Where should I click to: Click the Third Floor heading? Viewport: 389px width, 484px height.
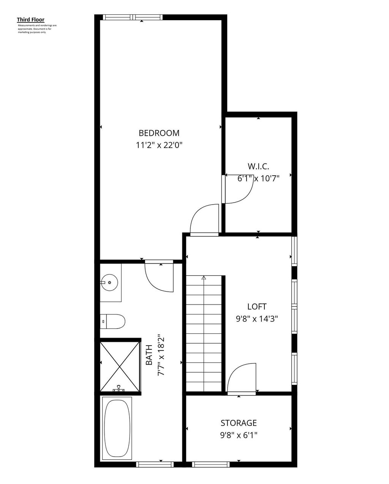[30, 19]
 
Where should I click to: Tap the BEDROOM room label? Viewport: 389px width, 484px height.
[159, 133]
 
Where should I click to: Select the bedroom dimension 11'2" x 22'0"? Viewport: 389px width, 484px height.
[159, 145]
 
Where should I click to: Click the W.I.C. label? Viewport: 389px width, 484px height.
[258, 166]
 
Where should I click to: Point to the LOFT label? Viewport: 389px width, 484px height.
[257, 306]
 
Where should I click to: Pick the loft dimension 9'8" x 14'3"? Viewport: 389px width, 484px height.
[257, 319]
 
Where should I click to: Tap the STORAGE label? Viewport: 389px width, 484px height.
[239, 423]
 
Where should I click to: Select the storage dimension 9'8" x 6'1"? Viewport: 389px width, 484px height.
[239, 435]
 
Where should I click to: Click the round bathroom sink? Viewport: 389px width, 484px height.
[109, 282]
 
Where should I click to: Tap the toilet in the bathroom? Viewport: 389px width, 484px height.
[112, 321]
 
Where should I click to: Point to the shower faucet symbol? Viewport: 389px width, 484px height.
[119, 389]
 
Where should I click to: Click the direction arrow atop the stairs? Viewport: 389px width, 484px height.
[204, 278]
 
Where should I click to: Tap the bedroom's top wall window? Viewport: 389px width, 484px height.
[133, 17]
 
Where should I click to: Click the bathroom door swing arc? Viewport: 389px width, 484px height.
[159, 278]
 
